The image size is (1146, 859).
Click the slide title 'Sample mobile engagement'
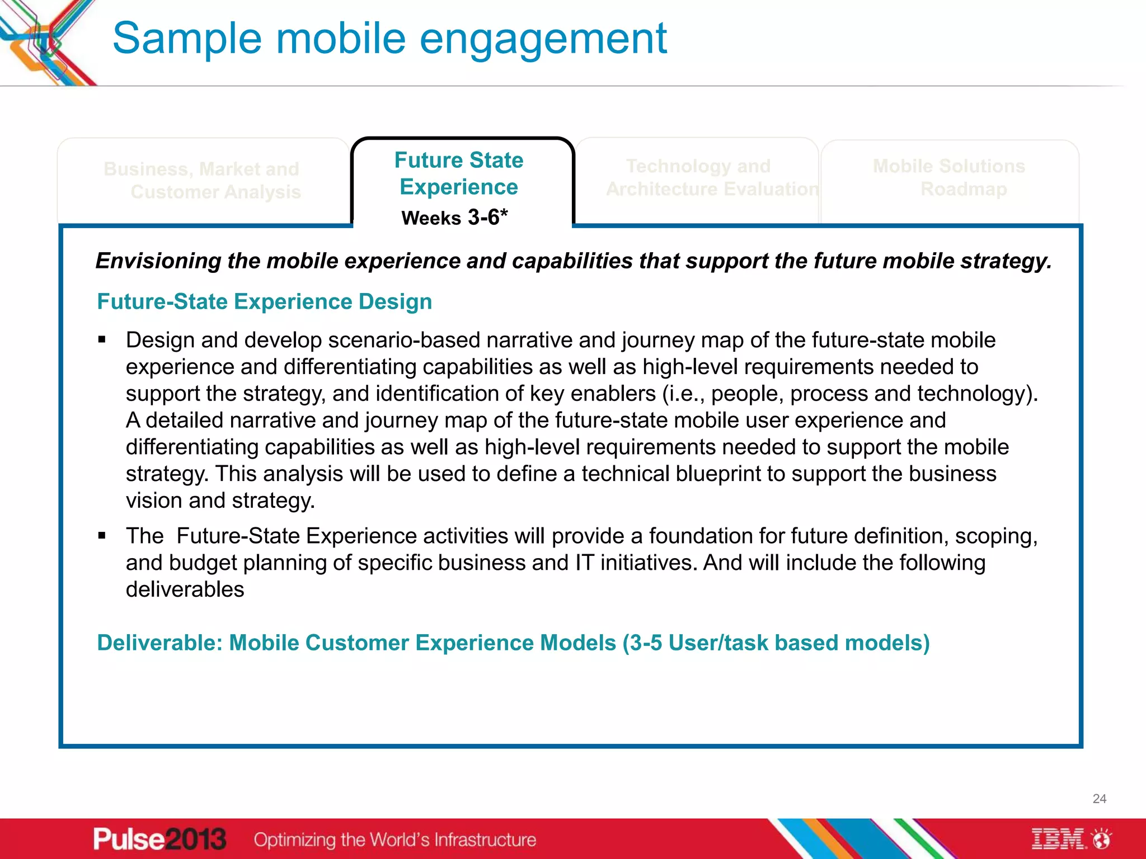pos(389,38)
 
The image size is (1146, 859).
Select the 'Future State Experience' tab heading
pos(459,173)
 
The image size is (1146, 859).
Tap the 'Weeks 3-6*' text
pos(454,218)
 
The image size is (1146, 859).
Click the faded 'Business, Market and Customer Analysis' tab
pos(203,180)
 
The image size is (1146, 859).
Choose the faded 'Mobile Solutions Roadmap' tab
pos(950,177)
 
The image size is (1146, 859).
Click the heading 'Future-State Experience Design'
pos(264,301)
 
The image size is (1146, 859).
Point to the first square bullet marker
pos(102,339)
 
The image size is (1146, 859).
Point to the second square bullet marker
pos(102,536)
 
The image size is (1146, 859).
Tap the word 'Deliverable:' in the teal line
pos(159,643)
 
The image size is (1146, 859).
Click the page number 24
pos(1099,799)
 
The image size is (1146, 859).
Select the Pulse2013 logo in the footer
pos(159,839)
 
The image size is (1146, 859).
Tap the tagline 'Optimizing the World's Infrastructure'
pos(394,839)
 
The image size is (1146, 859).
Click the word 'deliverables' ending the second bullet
pos(185,589)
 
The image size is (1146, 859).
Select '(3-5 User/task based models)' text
pos(776,643)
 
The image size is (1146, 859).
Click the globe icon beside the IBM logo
pos(1102,839)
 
